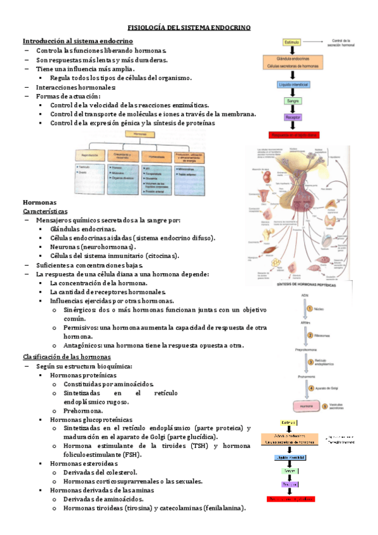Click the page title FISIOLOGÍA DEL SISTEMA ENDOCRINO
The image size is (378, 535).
(x=189, y=28)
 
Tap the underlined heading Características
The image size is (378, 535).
(x=45, y=211)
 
